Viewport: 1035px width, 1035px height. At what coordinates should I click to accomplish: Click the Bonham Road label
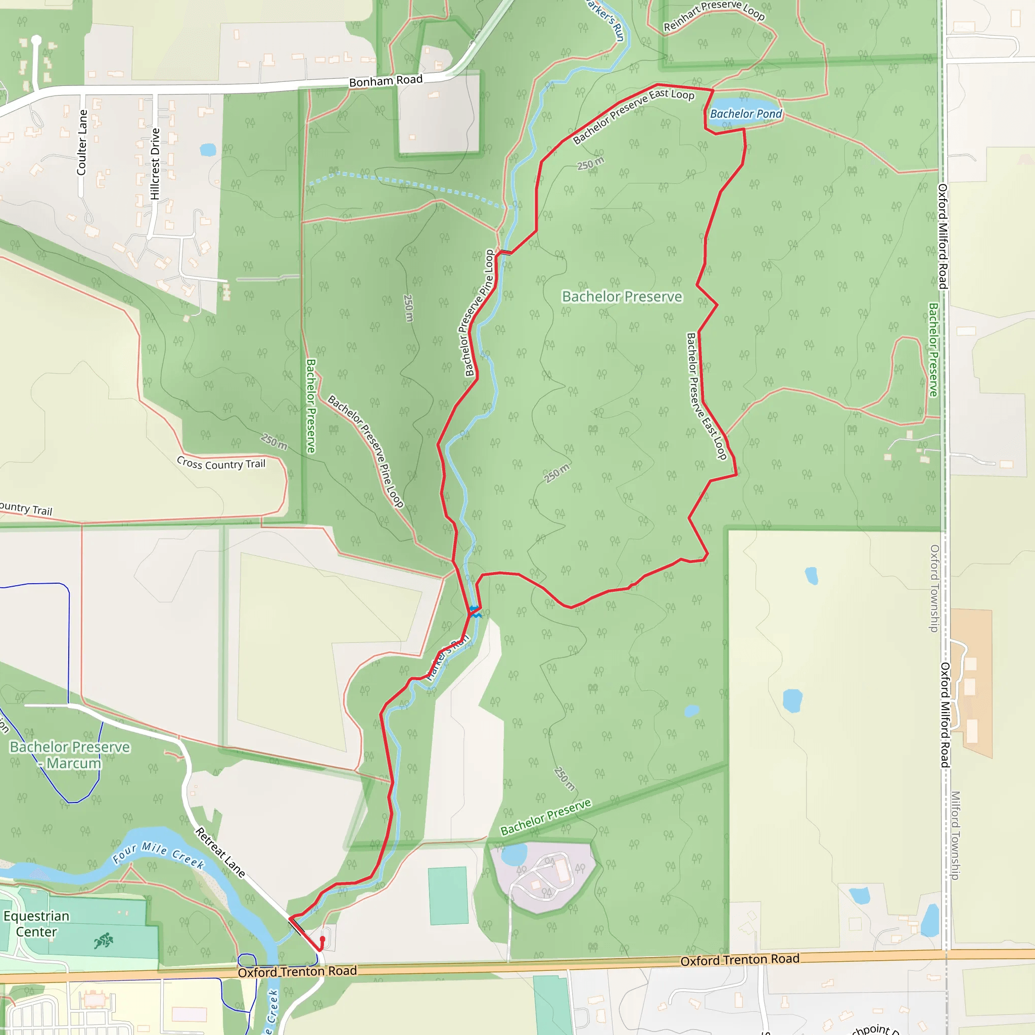tap(386, 81)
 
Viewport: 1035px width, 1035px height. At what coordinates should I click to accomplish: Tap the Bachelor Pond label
tap(745, 114)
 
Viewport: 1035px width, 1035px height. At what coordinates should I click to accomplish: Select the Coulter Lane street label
tap(81, 143)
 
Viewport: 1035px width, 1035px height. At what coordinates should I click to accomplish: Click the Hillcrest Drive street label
tap(155, 164)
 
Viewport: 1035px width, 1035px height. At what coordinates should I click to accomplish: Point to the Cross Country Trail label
tap(221, 463)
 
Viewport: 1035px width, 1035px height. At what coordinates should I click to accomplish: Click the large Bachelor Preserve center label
tap(622, 296)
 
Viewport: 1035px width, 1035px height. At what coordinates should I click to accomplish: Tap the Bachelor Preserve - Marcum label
tap(70, 755)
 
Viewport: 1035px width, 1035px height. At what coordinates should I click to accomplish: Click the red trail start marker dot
tap(322, 939)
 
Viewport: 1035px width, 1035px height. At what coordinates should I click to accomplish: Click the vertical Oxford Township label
tap(934, 588)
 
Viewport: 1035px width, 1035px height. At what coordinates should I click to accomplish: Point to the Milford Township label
tap(955, 836)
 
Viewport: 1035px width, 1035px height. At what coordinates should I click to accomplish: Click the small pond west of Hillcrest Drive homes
tap(208, 150)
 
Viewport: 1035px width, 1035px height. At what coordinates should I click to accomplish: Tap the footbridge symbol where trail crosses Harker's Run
tap(505, 252)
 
